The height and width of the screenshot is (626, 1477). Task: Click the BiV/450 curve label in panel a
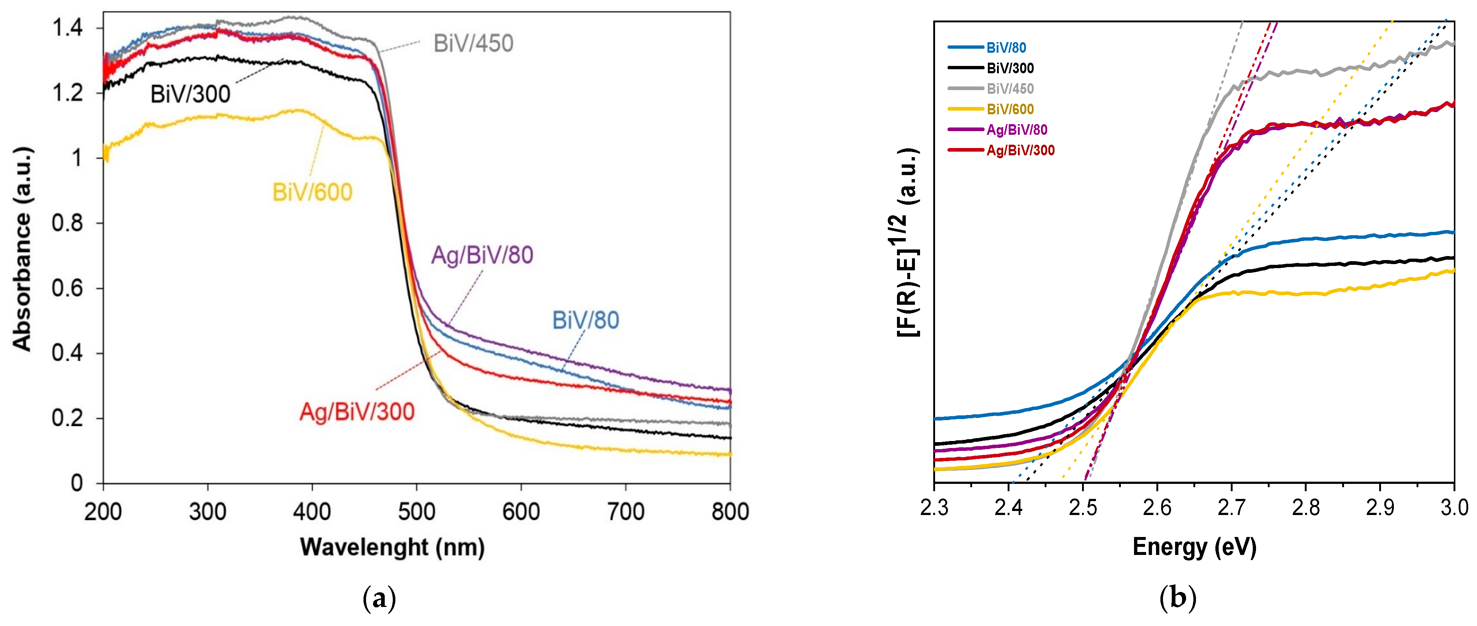pyautogui.click(x=473, y=44)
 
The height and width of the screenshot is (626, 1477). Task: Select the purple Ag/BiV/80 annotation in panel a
pyautogui.click(x=482, y=255)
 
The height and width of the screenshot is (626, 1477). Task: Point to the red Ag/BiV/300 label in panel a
pyautogui.click(x=357, y=412)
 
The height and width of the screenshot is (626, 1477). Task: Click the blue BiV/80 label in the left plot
pyautogui.click(x=586, y=320)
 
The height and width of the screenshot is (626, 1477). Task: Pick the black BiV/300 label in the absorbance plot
pyautogui.click(x=191, y=94)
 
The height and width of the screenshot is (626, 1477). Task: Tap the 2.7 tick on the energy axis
pyautogui.click(x=1231, y=507)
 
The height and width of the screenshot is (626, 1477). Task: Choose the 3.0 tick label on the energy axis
pyautogui.click(x=1454, y=507)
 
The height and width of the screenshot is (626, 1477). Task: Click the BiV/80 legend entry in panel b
pyautogui.click(x=1006, y=48)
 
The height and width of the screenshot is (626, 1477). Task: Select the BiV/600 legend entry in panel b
pyautogui.click(x=1010, y=109)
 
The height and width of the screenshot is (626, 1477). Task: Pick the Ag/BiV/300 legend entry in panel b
pyautogui.click(x=1020, y=150)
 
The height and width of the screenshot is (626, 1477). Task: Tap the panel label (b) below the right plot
pyautogui.click(x=1177, y=599)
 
